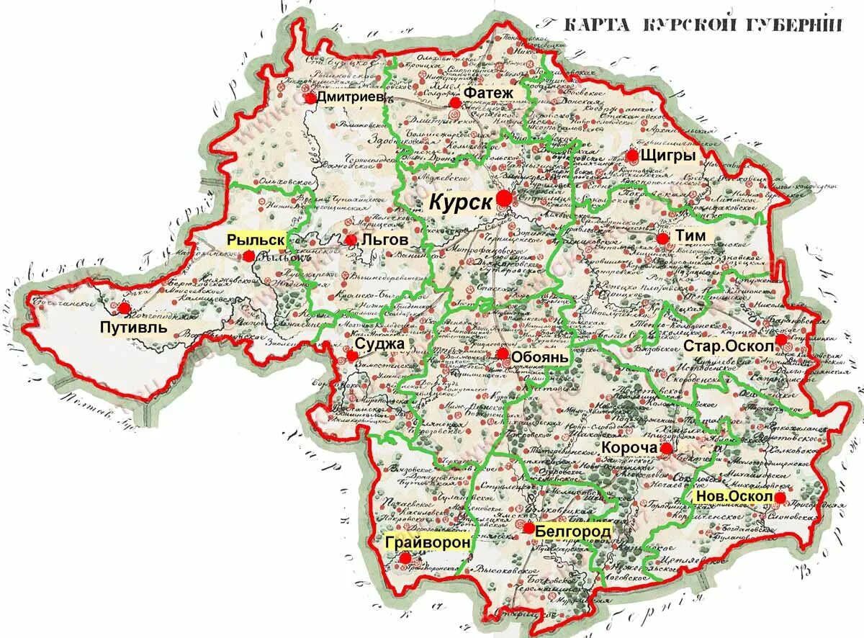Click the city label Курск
tap(461, 202)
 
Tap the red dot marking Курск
tap(504, 198)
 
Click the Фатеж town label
tap(488, 93)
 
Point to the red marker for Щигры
tap(632, 156)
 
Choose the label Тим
tap(690, 235)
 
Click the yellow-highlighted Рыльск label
tap(255, 240)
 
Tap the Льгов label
tap(385, 240)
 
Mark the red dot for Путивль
tap(125, 308)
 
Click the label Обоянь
tap(540, 356)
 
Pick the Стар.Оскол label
tap(729, 346)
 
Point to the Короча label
tap(630, 448)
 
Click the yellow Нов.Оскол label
tap(733, 497)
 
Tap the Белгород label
tap(573, 531)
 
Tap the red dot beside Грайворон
tap(405, 557)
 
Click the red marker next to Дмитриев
tap(310, 98)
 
